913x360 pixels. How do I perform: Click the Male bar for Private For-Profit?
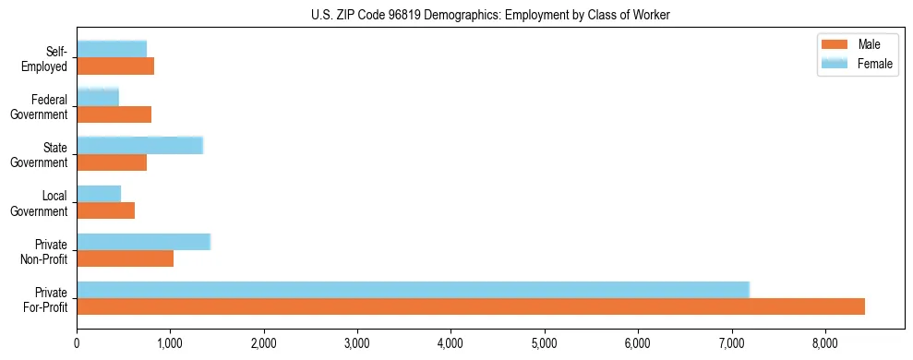[x=471, y=306]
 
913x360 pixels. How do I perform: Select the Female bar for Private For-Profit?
[x=413, y=290]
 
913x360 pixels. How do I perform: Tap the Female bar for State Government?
[x=139, y=145]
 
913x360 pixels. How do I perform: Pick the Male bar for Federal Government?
[x=114, y=114]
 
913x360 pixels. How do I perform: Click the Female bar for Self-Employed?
[x=112, y=49]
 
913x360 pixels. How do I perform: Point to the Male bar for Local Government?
[x=105, y=210]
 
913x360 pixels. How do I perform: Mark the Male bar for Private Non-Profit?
[x=125, y=258]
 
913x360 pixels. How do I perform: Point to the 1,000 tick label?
[x=170, y=342]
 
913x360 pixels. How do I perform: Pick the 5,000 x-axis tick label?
[x=545, y=342]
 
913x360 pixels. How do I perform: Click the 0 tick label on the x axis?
[x=77, y=342]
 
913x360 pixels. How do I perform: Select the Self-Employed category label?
[x=44, y=58]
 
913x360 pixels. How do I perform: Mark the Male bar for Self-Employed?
[x=115, y=66]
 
